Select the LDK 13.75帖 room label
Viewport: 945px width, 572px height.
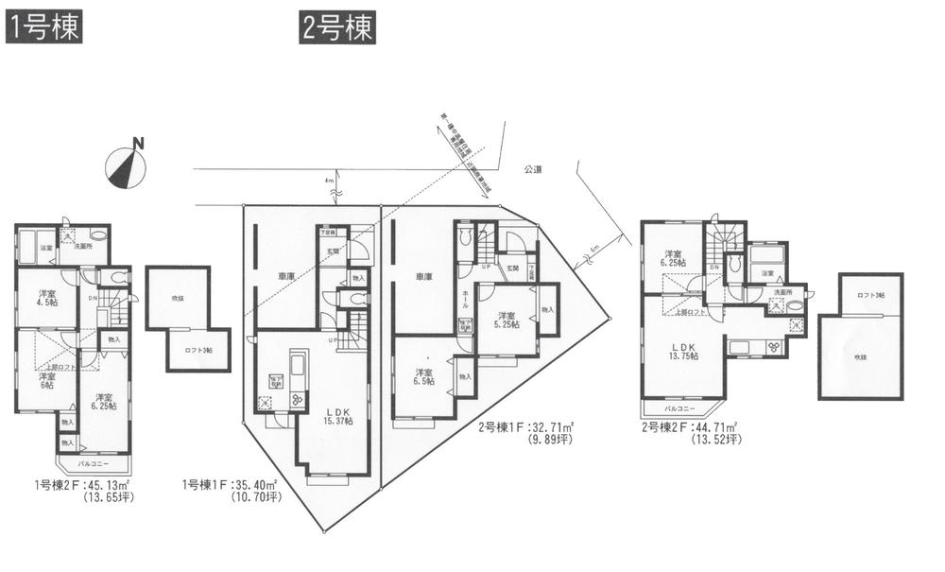(x=685, y=352)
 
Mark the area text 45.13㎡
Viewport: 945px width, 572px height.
(x=110, y=486)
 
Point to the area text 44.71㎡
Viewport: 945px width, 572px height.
(x=714, y=427)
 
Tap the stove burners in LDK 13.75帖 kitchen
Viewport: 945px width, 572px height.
(x=775, y=346)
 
